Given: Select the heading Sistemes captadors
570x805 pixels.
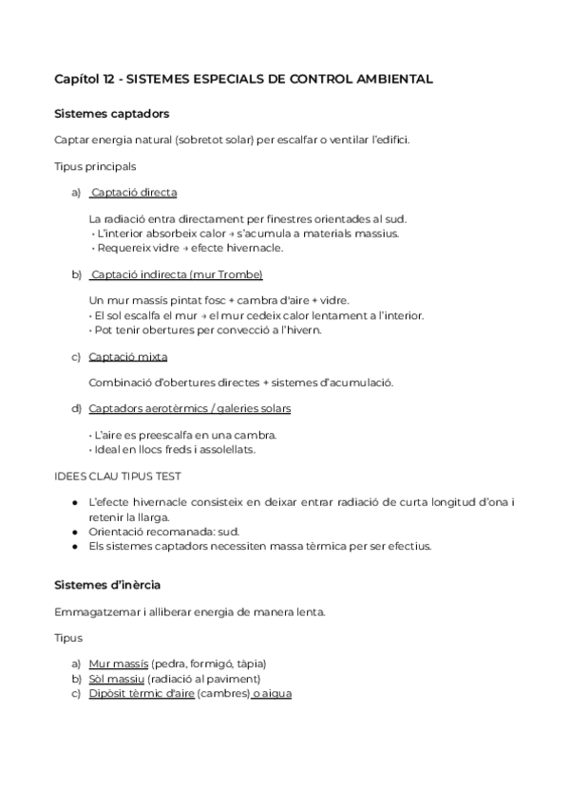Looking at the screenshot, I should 112,114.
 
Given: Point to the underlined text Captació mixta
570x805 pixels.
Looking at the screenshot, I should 127,357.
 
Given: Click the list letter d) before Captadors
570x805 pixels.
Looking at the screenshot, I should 76,408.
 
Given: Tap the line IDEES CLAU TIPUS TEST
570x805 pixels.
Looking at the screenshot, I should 119,476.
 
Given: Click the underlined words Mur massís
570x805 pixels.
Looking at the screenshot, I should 113,663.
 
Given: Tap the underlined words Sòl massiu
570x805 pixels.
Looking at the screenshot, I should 116,678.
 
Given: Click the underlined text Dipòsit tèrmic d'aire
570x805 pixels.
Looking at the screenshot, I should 141,693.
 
